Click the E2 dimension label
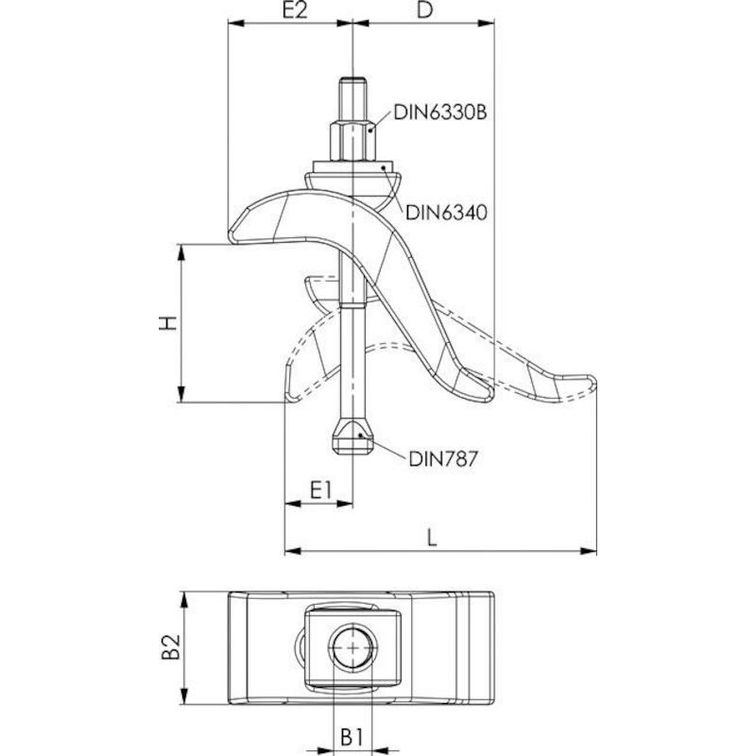295,9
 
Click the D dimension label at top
424,9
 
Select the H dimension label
168,323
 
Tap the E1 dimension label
320,490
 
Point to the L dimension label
432,537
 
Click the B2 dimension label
171,646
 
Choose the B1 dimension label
351,737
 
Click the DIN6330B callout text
440,112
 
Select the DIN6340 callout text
446,212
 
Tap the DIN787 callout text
442,458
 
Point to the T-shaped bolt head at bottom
352,437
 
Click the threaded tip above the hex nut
352,99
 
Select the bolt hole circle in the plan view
352,648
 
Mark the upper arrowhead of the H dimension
181,252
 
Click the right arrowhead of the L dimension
588,551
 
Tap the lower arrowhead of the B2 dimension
183,696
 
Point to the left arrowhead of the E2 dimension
236,23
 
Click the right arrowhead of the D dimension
486,23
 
